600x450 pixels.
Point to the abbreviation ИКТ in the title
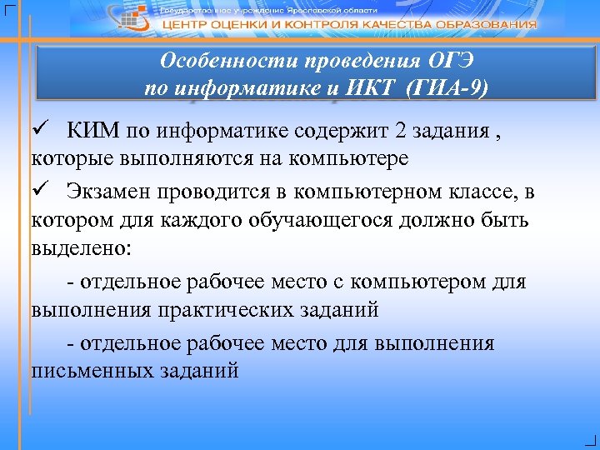point(367,87)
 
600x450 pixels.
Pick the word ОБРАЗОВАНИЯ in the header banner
point(487,24)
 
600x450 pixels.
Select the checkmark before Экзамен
point(38,194)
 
